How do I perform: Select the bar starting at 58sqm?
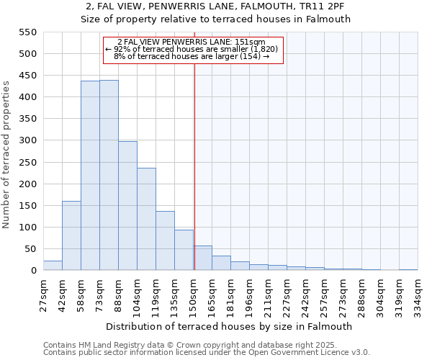point(90,176)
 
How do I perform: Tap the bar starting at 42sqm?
point(71,235)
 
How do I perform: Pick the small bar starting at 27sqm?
point(53,266)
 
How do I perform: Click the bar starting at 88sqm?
point(127,206)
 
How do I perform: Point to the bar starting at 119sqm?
point(165,240)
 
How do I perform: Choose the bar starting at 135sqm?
point(184,250)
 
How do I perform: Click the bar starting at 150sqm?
point(203,258)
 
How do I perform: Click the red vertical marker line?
point(194,166)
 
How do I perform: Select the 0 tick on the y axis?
point(32,271)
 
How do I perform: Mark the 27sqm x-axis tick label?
point(43,292)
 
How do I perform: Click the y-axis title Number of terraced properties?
point(7,155)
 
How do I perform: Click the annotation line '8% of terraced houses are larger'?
point(192,56)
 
